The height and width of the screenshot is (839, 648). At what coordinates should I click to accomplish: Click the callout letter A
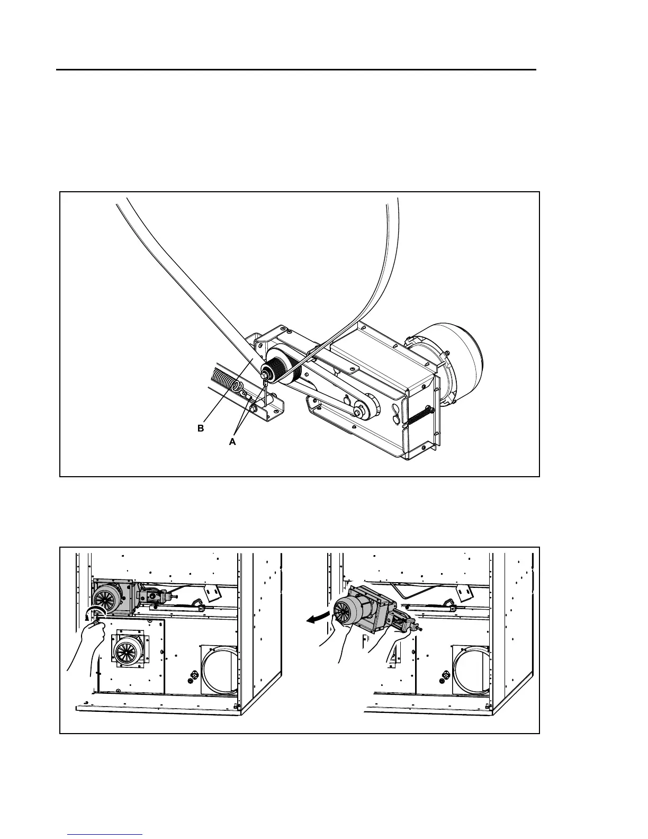232,442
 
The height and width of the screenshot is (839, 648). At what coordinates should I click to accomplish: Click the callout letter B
200,429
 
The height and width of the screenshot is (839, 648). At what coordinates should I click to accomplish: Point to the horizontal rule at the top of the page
296,69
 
